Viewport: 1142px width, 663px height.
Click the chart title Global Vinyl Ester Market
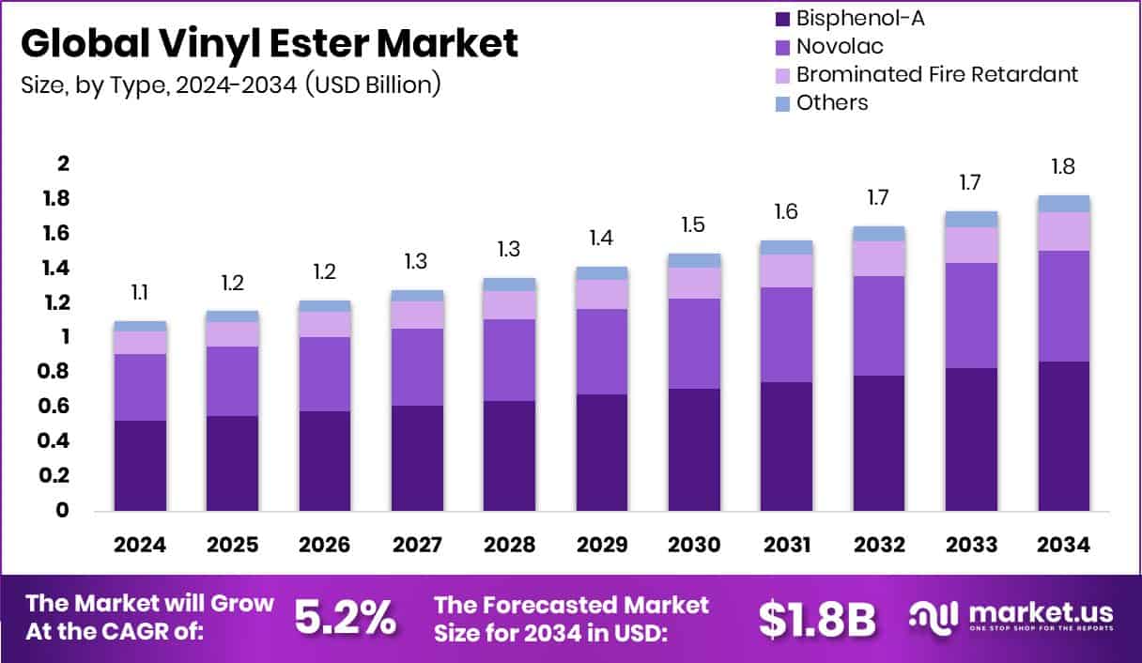tap(269, 44)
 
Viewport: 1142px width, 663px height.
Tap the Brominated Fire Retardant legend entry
tap(925, 74)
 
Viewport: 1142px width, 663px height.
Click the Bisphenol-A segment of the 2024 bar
tap(140, 465)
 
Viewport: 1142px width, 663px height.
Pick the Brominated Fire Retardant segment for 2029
tap(602, 294)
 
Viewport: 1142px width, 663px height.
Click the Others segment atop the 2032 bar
tap(880, 234)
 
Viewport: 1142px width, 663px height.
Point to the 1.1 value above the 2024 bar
tap(140, 293)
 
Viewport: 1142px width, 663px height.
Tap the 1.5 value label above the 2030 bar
tap(695, 225)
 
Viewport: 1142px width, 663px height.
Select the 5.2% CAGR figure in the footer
tap(345, 617)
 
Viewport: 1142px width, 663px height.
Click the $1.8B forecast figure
tap(817, 619)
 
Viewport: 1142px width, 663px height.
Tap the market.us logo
tap(1011, 618)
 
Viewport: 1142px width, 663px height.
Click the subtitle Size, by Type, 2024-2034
tap(231, 85)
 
